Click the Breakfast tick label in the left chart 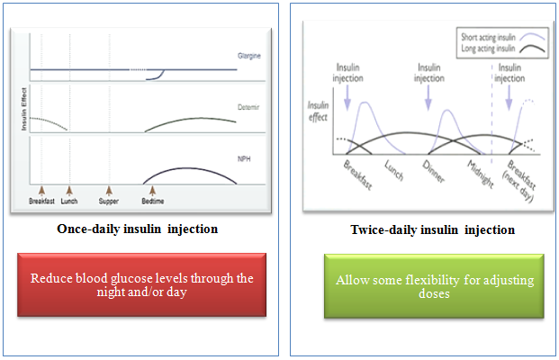coord(41,202)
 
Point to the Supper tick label coord(108,202)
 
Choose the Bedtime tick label coord(152,202)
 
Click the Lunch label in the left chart coord(69,202)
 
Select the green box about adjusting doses coord(434,286)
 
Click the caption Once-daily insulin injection coord(137,229)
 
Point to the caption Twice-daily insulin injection coord(432,230)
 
